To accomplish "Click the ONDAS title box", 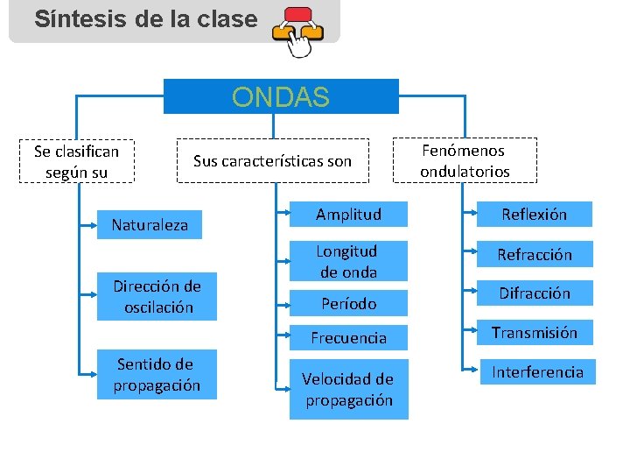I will [281, 96].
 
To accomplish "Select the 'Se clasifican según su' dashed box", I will [76, 161].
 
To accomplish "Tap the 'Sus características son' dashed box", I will [272, 160].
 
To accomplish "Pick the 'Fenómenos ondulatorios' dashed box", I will [464, 160].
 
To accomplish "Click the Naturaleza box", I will [150, 225].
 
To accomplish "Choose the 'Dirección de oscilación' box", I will [157, 297].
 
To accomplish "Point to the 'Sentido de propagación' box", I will [157, 375].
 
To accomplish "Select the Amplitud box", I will [348, 215].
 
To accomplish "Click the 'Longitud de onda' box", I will [348, 261].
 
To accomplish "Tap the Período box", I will [348, 303].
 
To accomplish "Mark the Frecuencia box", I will [348, 337].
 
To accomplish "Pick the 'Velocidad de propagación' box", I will [348, 390].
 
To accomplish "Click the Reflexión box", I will [534, 215].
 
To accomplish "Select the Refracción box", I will [534, 255].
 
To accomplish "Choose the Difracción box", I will [534, 293].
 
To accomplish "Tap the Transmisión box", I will [534, 332].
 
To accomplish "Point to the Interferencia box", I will [536, 371].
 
